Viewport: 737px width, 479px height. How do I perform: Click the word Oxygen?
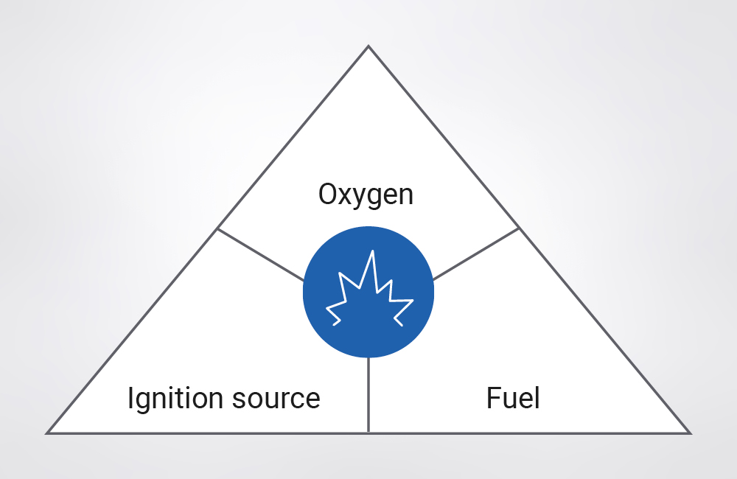click(x=366, y=195)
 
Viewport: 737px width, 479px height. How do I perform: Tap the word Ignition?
click(x=172, y=398)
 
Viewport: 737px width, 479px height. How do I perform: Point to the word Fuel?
click(x=513, y=398)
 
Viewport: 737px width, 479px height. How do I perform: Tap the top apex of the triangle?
click(x=368, y=47)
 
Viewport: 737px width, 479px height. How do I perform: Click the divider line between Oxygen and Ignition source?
click(x=260, y=254)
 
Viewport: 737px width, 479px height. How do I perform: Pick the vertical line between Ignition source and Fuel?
click(x=368, y=394)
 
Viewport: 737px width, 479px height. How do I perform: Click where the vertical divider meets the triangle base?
click(x=368, y=433)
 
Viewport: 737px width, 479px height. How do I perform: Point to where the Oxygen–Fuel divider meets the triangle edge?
click(x=520, y=228)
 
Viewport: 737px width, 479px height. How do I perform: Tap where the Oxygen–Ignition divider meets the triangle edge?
click(x=217, y=228)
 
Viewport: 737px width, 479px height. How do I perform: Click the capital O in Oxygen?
click(x=328, y=195)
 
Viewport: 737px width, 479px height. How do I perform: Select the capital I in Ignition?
click(x=130, y=398)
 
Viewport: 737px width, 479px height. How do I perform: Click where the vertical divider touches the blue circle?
click(x=368, y=358)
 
